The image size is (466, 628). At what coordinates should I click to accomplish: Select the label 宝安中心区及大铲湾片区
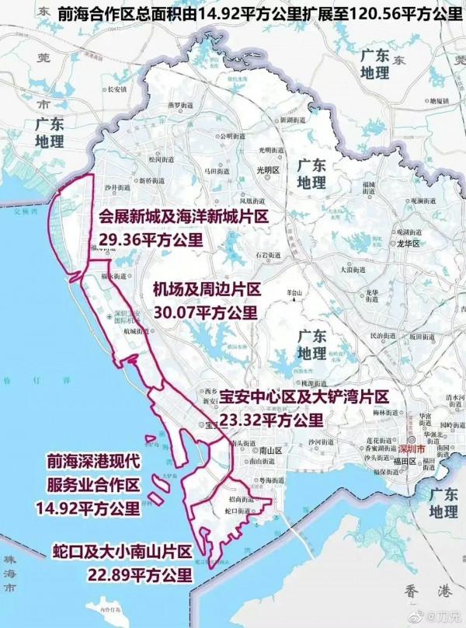(303, 398)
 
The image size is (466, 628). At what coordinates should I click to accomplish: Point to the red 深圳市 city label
(412, 450)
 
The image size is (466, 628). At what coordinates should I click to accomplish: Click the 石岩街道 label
(266, 253)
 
